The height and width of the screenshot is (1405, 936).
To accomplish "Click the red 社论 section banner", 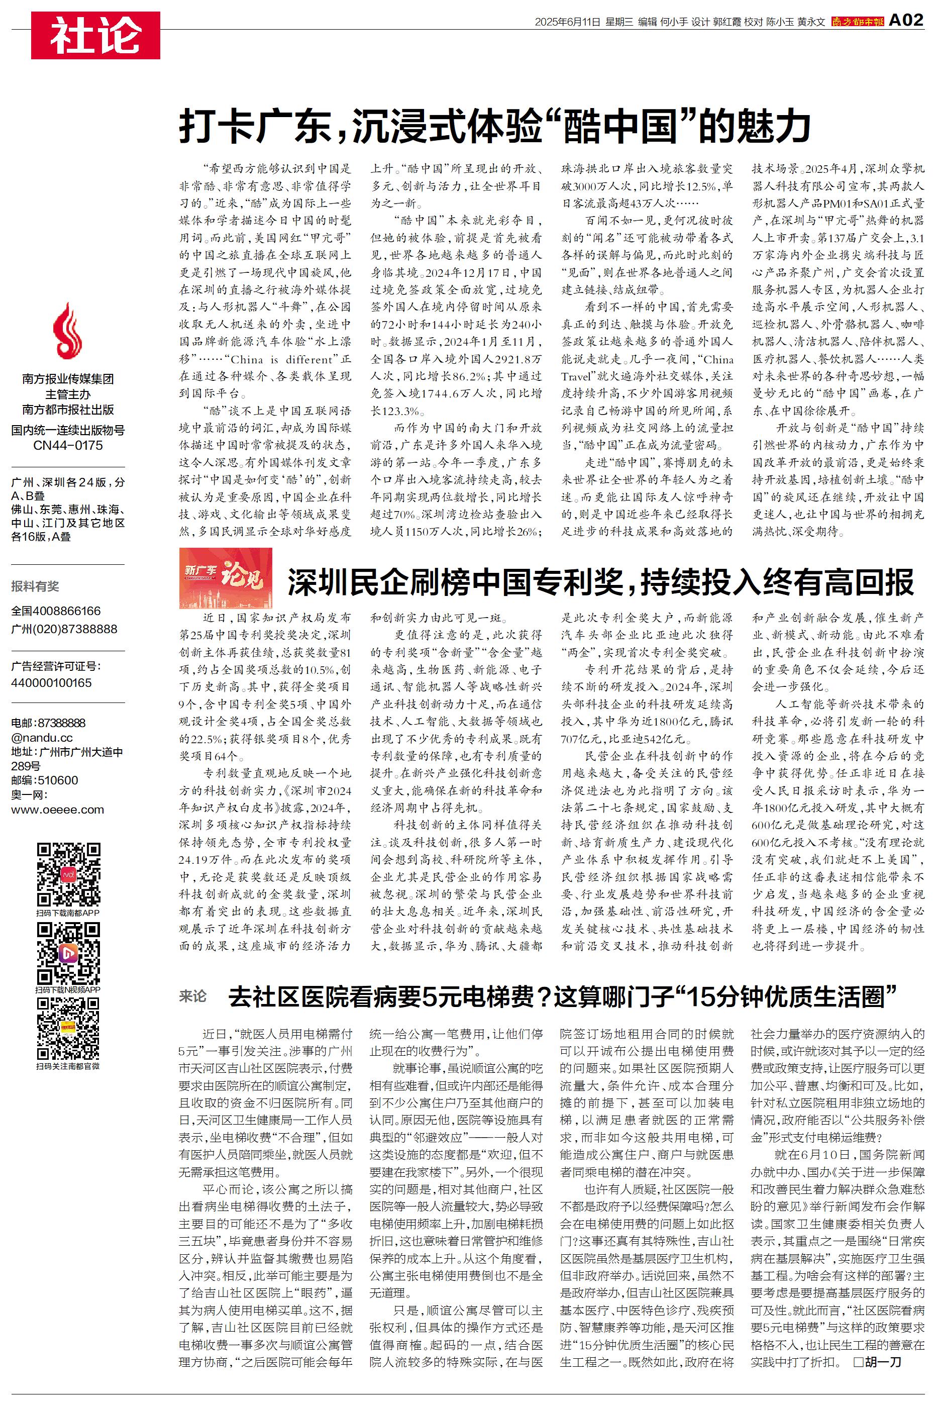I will coord(95,35).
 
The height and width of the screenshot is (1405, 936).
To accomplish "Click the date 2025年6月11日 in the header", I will coord(567,22).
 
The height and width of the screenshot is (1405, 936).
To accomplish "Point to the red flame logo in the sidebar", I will coord(67,331).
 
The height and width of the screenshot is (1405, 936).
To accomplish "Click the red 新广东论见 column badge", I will coord(226,577).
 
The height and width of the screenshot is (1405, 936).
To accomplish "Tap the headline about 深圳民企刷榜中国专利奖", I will coord(600,582).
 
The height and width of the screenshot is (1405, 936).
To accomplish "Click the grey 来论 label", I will coord(192,995).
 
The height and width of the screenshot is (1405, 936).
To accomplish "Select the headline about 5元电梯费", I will coord(563,997).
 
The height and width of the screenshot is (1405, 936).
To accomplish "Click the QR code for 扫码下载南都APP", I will coord(68,874).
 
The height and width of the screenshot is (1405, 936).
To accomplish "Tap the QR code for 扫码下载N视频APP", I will coord(68,953).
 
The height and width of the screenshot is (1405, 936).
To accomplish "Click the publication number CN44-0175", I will coord(67,445).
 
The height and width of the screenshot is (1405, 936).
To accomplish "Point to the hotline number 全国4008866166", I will coord(56,611).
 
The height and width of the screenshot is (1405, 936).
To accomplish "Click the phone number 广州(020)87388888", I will coord(64,629).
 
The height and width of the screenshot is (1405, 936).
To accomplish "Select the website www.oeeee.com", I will coord(57,810).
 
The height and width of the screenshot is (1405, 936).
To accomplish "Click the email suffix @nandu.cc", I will coord(42,737).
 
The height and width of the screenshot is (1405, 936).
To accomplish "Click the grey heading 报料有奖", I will coord(35,586).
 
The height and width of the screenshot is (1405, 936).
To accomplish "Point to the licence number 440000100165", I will coord(51,682).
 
